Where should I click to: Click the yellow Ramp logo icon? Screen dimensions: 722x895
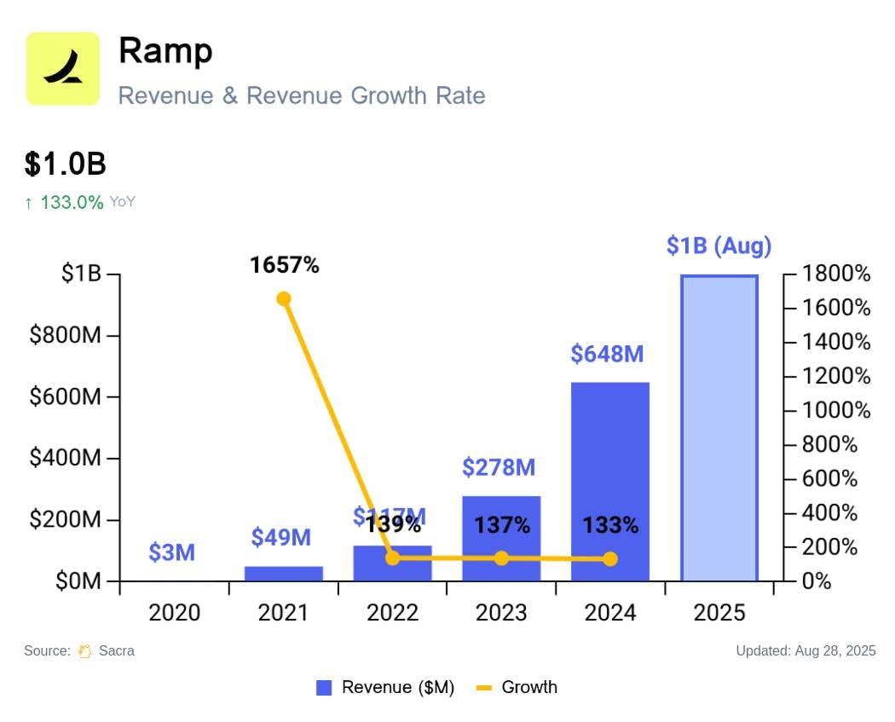coord(63,68)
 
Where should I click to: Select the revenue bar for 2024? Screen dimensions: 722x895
coord(609,482)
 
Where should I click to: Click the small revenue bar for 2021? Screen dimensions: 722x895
coord(283,573)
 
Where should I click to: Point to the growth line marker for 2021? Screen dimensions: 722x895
coord(284,298)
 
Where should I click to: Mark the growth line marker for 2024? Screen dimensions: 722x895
coord(610,559)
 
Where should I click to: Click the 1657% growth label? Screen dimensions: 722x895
coord(284,265)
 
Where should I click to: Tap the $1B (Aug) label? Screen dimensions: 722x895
coord(719,246)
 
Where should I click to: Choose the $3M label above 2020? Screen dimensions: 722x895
coord(171,552)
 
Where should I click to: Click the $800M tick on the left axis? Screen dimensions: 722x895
coord(66,335)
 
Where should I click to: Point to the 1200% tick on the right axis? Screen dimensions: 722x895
coord(834,376)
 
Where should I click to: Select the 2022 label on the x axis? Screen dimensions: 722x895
coord(392,612)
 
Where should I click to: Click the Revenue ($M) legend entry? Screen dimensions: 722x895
coord(385,687)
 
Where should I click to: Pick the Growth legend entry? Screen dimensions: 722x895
coord(517,687)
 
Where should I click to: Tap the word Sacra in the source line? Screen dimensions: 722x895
coord(116,650)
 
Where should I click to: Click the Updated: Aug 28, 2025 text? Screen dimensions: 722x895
coord(805,650)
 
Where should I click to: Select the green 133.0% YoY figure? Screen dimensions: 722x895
coord(72,202)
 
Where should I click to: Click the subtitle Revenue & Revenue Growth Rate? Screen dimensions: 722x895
coord(302,95)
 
